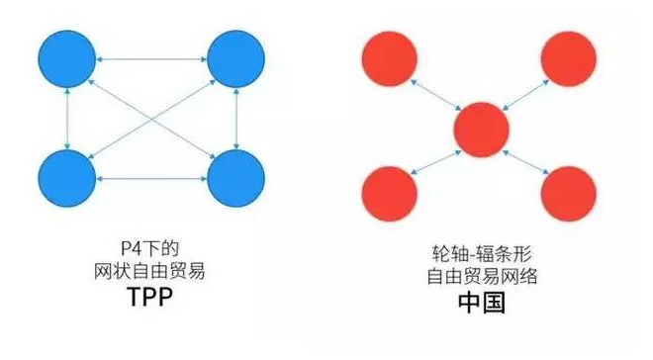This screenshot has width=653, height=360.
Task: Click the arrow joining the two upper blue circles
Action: point(152,60)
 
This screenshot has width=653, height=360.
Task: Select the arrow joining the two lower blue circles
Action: point(152,179)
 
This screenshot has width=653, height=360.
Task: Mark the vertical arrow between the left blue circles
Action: point(67,120)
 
